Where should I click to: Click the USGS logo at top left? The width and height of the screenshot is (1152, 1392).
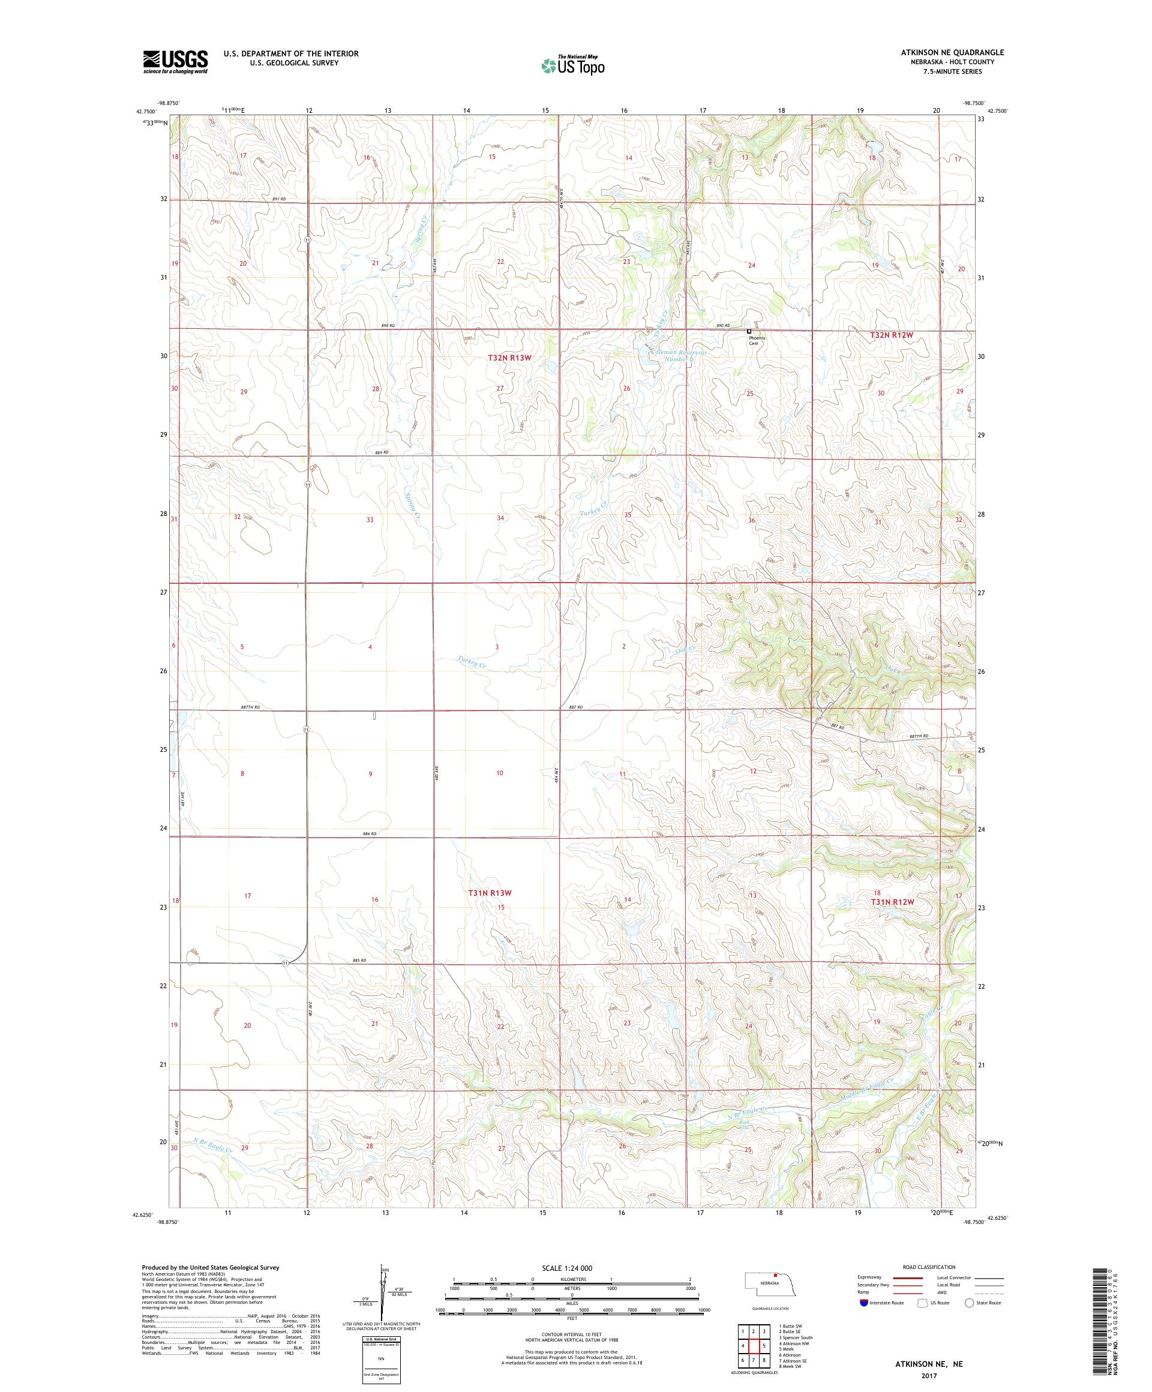175,62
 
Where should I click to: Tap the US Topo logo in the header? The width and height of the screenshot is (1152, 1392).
574,65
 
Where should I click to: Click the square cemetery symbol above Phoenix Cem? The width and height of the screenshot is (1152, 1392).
749,331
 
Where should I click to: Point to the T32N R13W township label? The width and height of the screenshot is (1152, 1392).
510,357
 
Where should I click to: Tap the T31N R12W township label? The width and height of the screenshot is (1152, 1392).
892,902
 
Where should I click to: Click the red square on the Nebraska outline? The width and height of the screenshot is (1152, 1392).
775,1274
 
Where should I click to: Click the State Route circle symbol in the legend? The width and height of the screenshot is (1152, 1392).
970,1302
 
